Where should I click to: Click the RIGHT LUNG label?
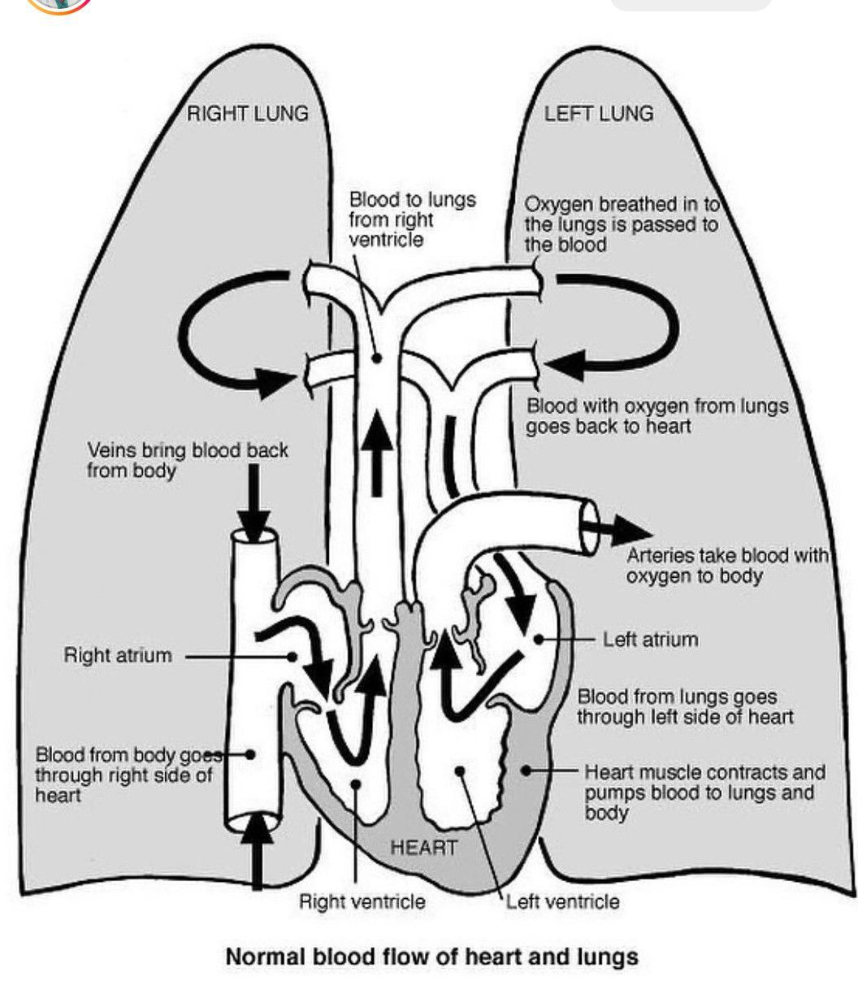(x=248, y=113)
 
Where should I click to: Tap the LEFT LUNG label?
(x=599, y=113)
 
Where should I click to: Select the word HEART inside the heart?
(x=423, y=847)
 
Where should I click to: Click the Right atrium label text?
(x=118, y=655)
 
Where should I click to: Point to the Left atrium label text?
(x=650, y=639)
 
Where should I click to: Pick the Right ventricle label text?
(x=362, y=901)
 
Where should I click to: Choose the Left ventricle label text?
(x=562, y=901)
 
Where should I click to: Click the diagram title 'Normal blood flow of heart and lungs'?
(x=431, y=957)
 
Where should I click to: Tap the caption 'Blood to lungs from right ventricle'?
(x=412, y=219)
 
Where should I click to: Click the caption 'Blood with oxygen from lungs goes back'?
(x=656, y=415)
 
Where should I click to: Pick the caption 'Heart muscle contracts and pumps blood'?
(x=704, y=792)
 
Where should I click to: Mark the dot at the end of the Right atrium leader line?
(x=291, y=655)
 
